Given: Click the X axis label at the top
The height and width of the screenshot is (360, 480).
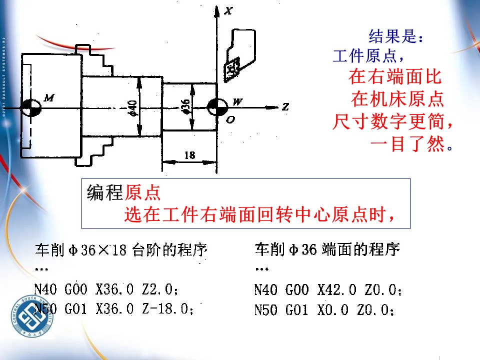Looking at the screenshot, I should click(x=228, y=10).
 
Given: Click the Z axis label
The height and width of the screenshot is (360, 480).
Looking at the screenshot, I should click(x=285, y=106).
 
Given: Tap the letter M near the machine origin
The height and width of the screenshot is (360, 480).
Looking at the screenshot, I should click(x=48, y=97).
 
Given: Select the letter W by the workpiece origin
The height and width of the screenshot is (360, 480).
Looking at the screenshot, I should click(x=237, y=102).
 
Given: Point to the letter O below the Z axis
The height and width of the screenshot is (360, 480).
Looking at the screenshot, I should click(x=230, y=119).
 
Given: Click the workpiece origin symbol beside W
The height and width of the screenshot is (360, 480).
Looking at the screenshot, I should click(x=217, y=106).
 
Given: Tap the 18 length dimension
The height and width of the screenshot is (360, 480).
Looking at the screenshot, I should click(x=189, y=155).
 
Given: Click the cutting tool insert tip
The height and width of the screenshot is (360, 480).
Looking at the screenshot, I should click(x=232, y=69).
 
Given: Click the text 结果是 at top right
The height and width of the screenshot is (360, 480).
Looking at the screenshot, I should click(x=395, y=36).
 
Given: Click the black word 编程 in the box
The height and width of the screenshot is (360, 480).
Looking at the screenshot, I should click(x=105, y=192).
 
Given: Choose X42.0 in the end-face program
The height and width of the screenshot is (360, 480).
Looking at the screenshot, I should click(x=337, y=289).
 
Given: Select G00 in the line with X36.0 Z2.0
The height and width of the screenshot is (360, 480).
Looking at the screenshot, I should click(x=76, y=289).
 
